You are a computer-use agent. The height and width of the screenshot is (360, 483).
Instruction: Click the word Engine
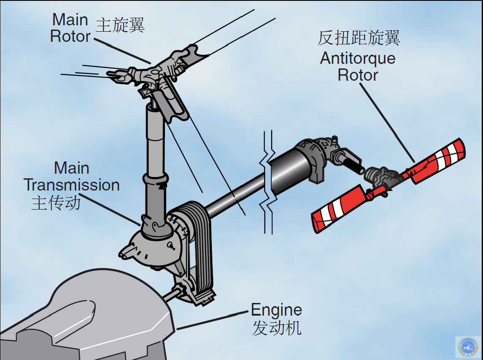[276, 311]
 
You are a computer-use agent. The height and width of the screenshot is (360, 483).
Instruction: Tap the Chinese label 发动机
[277, 328]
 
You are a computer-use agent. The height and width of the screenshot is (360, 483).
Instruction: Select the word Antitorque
[357, 58]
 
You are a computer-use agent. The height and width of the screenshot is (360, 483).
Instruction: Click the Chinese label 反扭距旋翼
[359, 38]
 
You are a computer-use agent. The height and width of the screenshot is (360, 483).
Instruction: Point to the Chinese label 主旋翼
[121, 25]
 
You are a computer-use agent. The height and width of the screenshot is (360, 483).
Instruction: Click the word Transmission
[71, 185]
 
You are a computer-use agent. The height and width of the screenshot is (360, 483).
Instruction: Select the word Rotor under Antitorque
[357, 75]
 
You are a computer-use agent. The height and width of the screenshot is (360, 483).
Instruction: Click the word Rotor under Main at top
[70, 36]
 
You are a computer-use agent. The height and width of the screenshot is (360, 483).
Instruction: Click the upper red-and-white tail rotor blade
[438, 160]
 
